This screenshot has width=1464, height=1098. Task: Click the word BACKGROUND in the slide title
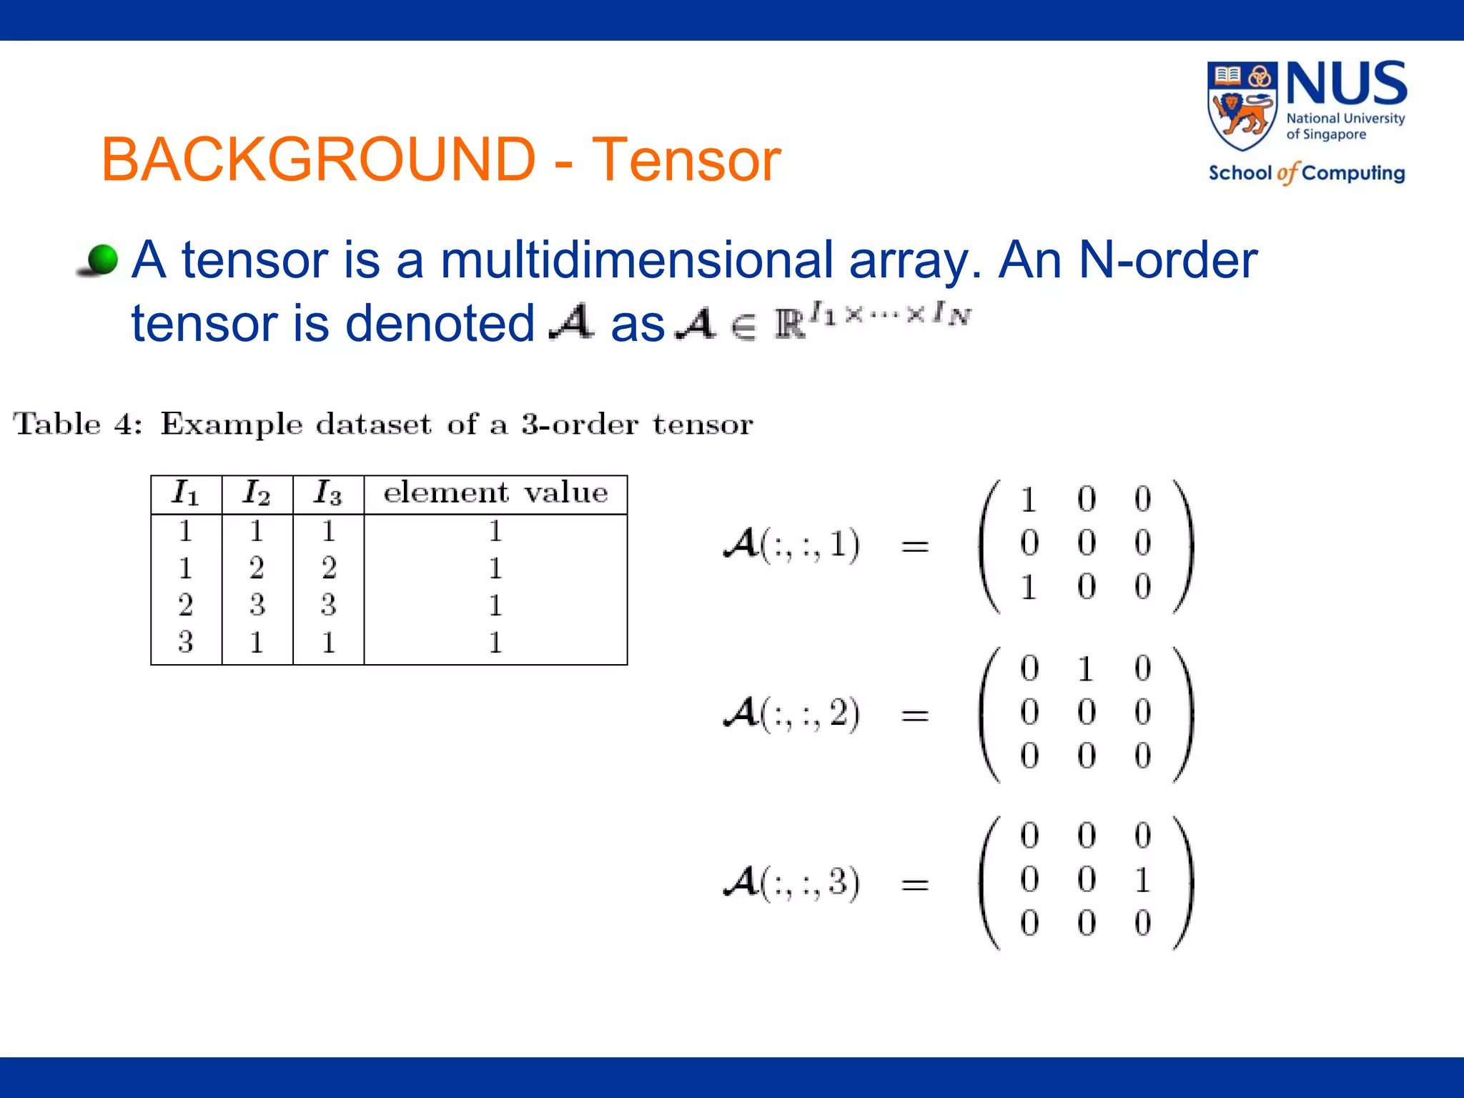pyautogui.click(x=318, y=159)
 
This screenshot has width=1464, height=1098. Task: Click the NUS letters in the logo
pyautogui.click(x=1347, y=84)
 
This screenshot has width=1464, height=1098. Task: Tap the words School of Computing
pyautogui.click(x=1307, y=173)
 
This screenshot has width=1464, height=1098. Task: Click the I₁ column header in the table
pyautogui.click(x=186, y=493)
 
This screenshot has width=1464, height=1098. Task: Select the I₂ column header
pyautogui.click(x=257, y=493)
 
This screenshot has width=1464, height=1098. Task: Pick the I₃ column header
pyautogui.click(x=328, y=493)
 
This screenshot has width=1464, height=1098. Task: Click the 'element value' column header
pyautogui.click(x=495, y=493)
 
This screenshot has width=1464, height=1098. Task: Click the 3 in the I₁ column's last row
pyautogui.click(x=186, y=642)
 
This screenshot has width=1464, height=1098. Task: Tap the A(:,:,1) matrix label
pyautogui.click(x=792, y=545)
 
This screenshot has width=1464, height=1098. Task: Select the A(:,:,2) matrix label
pyautogui.click(x=792, y=713)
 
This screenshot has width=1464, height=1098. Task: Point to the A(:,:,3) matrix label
pyautogui.click(x=792, y=882)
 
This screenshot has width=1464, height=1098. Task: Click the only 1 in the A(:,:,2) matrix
pyautogui.click(x=1086, y=669)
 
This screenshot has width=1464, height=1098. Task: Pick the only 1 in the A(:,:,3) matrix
pyautogui.click(x=1142, y=880)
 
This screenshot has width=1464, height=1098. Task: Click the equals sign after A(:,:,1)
pyautogui.click(x=915, y=547)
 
